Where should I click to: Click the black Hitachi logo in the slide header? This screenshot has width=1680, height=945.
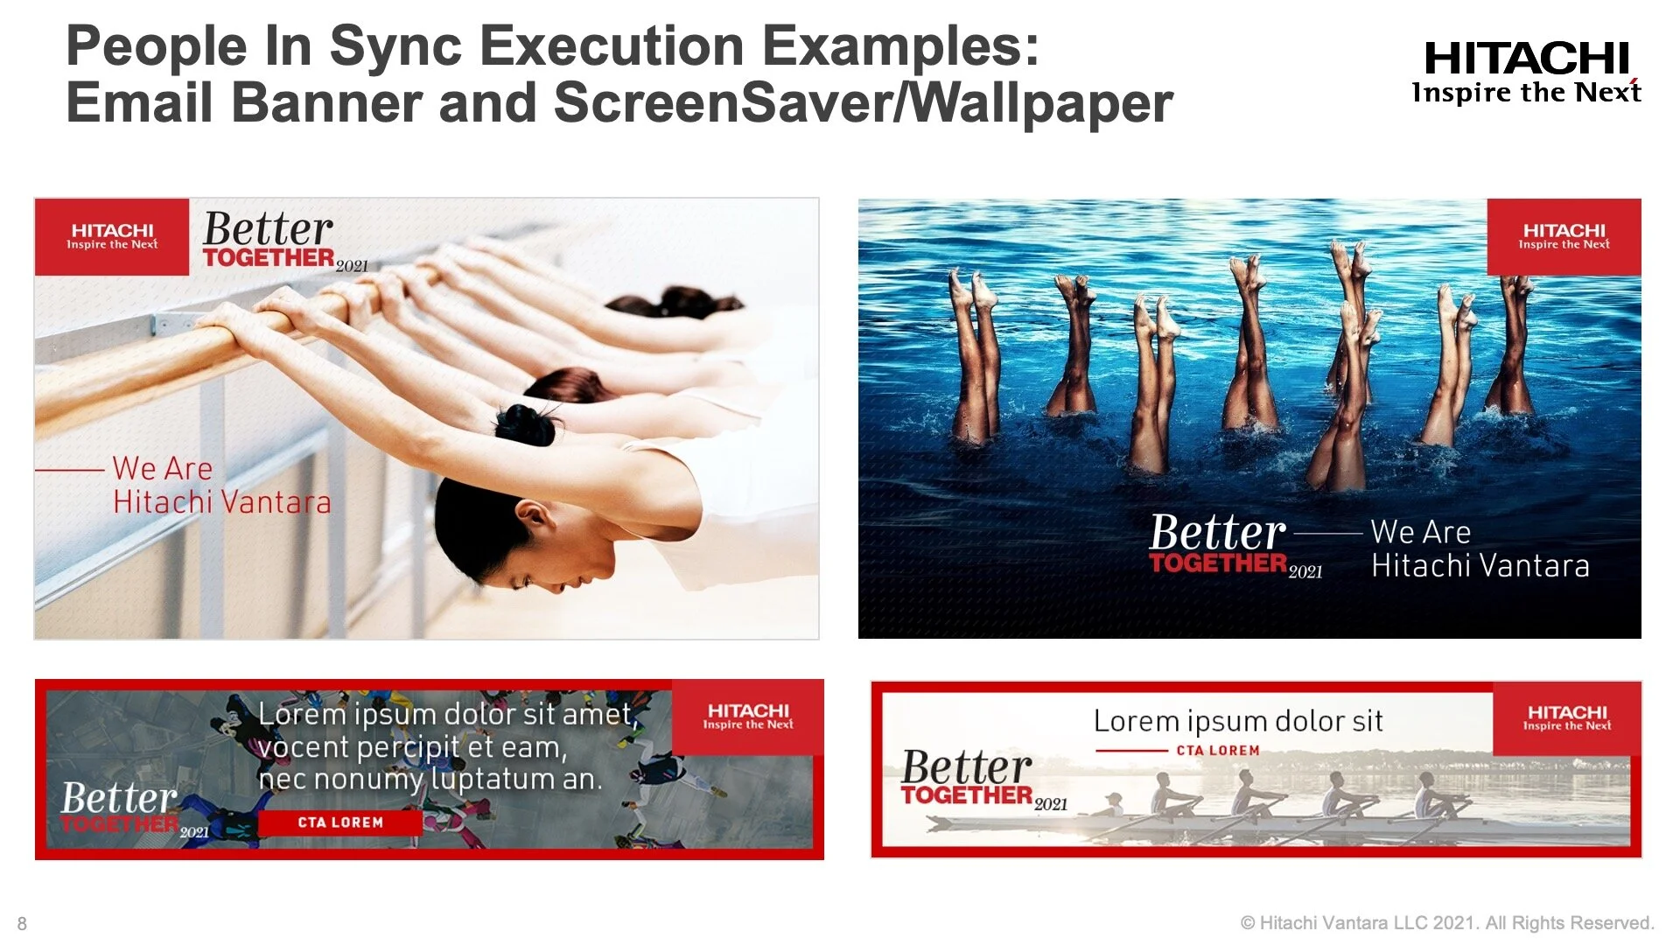pyautogui.click(x=1526, y=72)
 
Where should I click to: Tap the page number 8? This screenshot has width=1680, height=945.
pyautogui.click(x=22, y=923)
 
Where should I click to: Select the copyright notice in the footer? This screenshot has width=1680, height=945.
pyautogui.click(x=1447, y=923)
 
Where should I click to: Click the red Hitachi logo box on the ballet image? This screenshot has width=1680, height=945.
pyautogui.click(x=112, y=236)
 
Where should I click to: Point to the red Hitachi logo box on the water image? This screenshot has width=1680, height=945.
pyautogui.click(x=1564, y=236)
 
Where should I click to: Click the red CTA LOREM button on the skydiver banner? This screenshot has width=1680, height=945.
pyautogui.click(x=340, y=822)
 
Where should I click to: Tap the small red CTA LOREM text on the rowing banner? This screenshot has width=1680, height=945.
pyautogui.click(x=1218, y=751)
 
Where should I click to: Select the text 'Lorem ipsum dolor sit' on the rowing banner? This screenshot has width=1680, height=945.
pyautogui.click(x=1237, y=721)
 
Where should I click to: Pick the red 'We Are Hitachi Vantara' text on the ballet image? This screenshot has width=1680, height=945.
pyautogui.click(x=220, y=486)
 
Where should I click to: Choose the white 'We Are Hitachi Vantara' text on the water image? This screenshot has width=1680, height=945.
pyautogui.click(x=1479, y=549)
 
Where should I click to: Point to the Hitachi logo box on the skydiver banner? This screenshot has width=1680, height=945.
pyautogui.click(x=748, y=717)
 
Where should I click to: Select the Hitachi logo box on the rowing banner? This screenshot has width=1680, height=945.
pyautogui.click(x=1566, y=717)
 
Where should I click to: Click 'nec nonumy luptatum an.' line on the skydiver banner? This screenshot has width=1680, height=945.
pyautogui.click(x=430, y=779)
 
